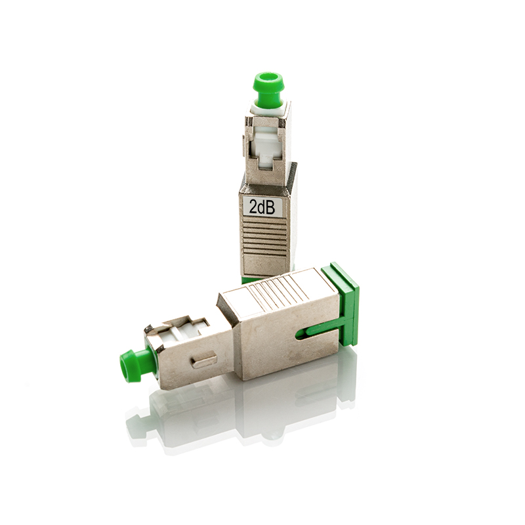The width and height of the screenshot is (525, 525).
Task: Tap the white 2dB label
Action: [x=262, y=207]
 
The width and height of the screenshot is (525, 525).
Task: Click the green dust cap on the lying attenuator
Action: [x=132, y=364]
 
